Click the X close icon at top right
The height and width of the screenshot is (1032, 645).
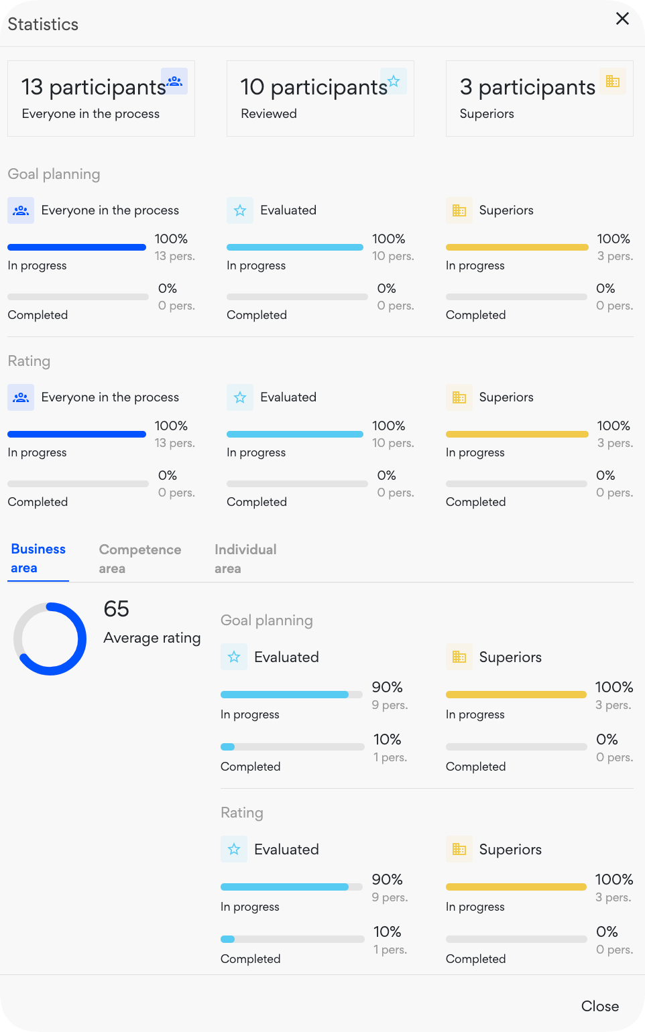(x=622, y=19)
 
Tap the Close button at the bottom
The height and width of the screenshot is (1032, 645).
(x=599, y=1006)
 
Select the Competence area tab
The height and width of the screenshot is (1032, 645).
(x=139, y=559)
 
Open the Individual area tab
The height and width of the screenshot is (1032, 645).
(x=245, y=559)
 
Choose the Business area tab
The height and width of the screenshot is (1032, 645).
(x=38, y=558)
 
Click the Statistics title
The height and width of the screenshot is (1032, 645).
(x=43, y=25)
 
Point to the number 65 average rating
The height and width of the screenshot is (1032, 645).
(x=116, y=609)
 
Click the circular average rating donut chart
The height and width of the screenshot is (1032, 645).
(x=50, y=639)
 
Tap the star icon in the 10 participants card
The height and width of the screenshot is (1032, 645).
(x=394, y=81)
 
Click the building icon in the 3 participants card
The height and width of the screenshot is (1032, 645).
(x=612, y=81)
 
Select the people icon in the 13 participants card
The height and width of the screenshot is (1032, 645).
(x=174, y=81)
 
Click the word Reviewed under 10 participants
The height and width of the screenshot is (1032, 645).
(x=269, y=114)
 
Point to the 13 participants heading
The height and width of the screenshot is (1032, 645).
(x=93, y=87)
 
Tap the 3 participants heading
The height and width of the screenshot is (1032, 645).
(x=527, y=87)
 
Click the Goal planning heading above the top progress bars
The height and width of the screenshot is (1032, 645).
(x=54, y=174)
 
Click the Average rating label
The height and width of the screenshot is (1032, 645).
(x=152, y=638)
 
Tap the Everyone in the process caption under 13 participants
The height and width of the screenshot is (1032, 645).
(x=91, y=114)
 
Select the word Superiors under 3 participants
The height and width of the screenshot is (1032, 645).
(x=487, y=114)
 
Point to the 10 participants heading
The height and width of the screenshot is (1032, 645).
(x=313, y=87)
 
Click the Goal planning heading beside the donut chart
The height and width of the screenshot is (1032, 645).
(x=267, y=621)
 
